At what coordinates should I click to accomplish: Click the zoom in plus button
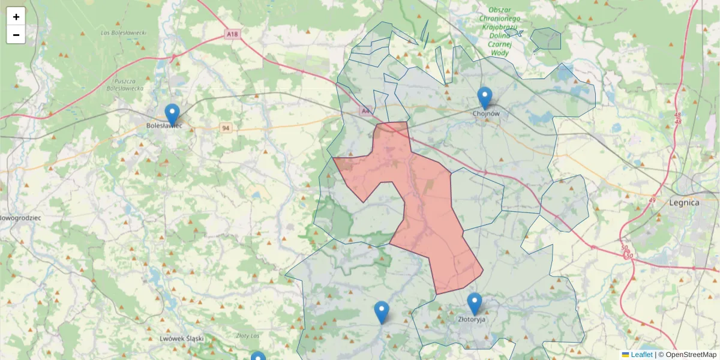[x=16, y=17]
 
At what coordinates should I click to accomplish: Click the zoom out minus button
[x=16, y=35]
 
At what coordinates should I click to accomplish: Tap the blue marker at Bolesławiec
[x=172, y=114]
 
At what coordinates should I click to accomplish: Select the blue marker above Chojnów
[x=485, y=97]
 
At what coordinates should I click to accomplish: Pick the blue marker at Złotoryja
[x=475, y=303]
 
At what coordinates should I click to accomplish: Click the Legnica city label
[x=684, y=203]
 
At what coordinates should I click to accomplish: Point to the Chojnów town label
[x=486, y=113]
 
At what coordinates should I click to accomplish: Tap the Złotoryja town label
[x=471, y=320]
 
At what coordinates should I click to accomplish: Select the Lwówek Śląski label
[x=181, y=338]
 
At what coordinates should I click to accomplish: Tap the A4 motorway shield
[x=365, y=111]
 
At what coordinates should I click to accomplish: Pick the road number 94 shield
[x=226, y=128]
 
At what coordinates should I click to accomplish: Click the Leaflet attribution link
[x=641, y=355]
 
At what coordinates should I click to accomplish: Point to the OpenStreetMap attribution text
[x=691, y=355]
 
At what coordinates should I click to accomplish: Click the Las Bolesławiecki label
[x=124, y=32]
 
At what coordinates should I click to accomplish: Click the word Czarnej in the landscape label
[x=499, y=44]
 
